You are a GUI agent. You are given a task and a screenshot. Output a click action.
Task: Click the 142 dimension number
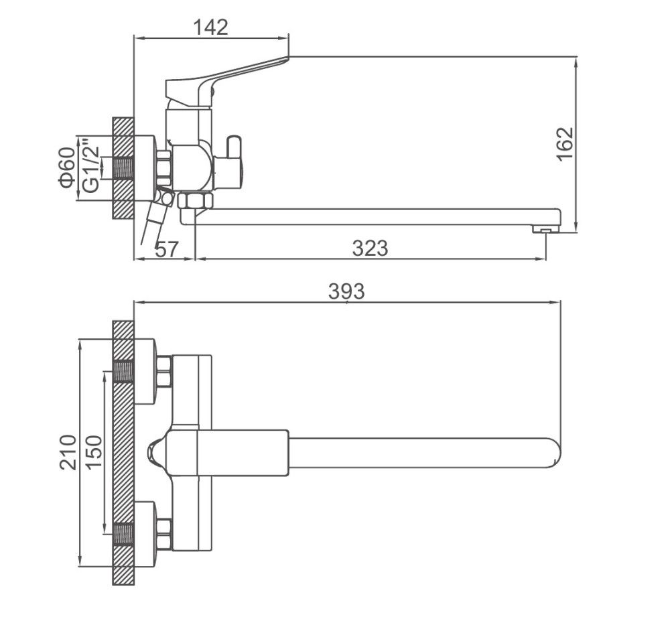(211, 27)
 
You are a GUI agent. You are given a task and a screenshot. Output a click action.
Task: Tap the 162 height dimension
(565, 144)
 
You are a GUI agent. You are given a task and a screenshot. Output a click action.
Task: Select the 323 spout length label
(370, 249)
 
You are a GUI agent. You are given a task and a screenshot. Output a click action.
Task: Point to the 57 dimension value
(166, 249)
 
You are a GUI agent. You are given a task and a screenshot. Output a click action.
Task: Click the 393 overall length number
(346, 291)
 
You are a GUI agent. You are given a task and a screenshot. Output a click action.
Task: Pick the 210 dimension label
(68, 453)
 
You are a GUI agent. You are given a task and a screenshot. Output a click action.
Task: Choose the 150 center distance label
(94, 453)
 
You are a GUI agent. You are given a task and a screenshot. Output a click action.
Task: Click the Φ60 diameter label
(68, 168)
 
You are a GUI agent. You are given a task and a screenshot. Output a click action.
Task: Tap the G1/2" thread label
(91, 165)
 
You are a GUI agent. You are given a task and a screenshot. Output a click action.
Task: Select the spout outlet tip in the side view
(545, 230)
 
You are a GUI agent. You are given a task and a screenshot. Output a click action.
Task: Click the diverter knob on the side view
(234, 147)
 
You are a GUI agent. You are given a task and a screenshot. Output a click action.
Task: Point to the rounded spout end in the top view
(553, 453)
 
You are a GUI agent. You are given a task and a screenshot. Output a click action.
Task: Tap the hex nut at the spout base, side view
(195, 201)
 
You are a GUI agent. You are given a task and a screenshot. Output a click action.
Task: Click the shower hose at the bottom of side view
(153, 224)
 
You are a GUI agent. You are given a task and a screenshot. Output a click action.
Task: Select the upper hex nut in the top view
(165, 372)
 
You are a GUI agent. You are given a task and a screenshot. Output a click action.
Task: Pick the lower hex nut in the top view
(165, 534)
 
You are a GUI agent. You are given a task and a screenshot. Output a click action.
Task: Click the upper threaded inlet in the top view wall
(123, 372)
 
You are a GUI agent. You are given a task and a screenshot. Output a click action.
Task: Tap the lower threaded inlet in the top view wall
(123, 534)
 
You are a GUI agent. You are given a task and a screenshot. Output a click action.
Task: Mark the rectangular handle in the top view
(226, 453)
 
